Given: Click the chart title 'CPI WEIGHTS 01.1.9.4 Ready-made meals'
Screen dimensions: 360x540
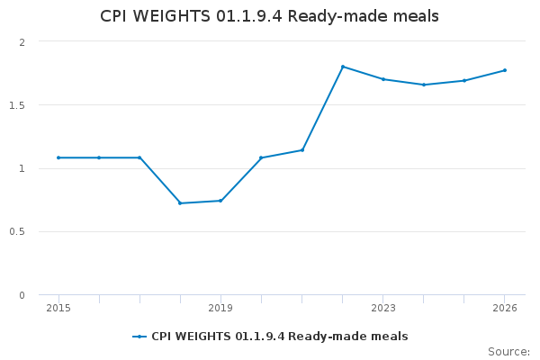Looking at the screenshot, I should [x=270, y=17].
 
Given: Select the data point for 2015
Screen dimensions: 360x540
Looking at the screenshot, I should [x=58, y=157].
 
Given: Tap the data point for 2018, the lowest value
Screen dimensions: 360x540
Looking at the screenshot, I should [x=180, y=203].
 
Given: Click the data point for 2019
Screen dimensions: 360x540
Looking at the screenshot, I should [x=220, y=201].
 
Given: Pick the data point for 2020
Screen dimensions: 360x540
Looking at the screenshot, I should [x=261, y=157].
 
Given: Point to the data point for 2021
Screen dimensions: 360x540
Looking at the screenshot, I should [x=302, y=150].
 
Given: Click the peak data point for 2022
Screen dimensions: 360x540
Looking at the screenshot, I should [x=343, y=67].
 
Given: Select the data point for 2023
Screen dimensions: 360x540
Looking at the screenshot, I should [x=383, y=79].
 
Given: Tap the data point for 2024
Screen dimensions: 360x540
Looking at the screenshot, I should [x=424, y=85].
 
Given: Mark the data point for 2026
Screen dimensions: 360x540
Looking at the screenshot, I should [x=505, y=70].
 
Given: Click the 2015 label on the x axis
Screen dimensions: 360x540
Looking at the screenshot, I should [x=58, y=308].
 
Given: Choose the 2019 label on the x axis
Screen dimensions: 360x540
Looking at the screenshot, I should [x=220, y=308].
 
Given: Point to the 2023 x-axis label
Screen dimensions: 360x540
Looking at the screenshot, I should [x=383, y=308].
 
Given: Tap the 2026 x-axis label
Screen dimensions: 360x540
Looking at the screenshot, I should [x=505, y=308].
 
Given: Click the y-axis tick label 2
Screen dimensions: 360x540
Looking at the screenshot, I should [x=22, y=42].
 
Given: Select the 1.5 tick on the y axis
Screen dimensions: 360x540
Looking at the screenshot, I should [x=19, y=105].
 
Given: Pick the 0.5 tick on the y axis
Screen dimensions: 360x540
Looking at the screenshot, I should [x=19, y=232].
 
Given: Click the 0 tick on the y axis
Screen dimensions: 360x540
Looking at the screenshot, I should [x=22, y=295].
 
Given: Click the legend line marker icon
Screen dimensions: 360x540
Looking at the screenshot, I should [x=139, y=337].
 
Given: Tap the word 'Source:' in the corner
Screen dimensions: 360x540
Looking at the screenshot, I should [x=508, y=352].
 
